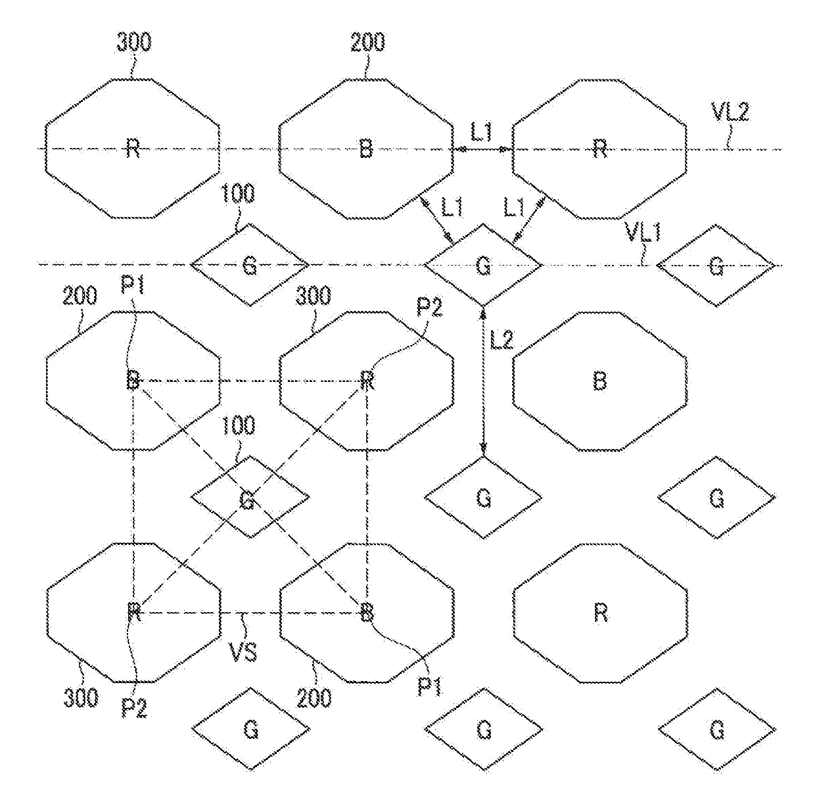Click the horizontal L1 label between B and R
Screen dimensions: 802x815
click(481, 133)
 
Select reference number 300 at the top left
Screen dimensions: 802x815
click(133, 43)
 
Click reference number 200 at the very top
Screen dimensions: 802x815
click(367, 43)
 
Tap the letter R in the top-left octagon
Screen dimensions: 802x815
click(133, 149)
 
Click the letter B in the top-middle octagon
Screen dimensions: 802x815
click(366, 149)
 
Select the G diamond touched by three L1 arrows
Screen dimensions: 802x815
click(483, 265)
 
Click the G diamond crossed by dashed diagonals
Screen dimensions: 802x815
click(249, 498)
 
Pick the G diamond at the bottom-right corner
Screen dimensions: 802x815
click(716, 730)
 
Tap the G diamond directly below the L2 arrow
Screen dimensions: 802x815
click(483, 498)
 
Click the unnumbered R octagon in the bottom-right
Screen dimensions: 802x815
click(599, 613)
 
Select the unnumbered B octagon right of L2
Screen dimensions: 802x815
click(599, 381)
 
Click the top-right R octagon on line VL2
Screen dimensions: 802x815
click(599, 149)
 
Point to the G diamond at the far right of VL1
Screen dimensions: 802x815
click(716, 266)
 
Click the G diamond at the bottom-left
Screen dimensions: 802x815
click(250, 730)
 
